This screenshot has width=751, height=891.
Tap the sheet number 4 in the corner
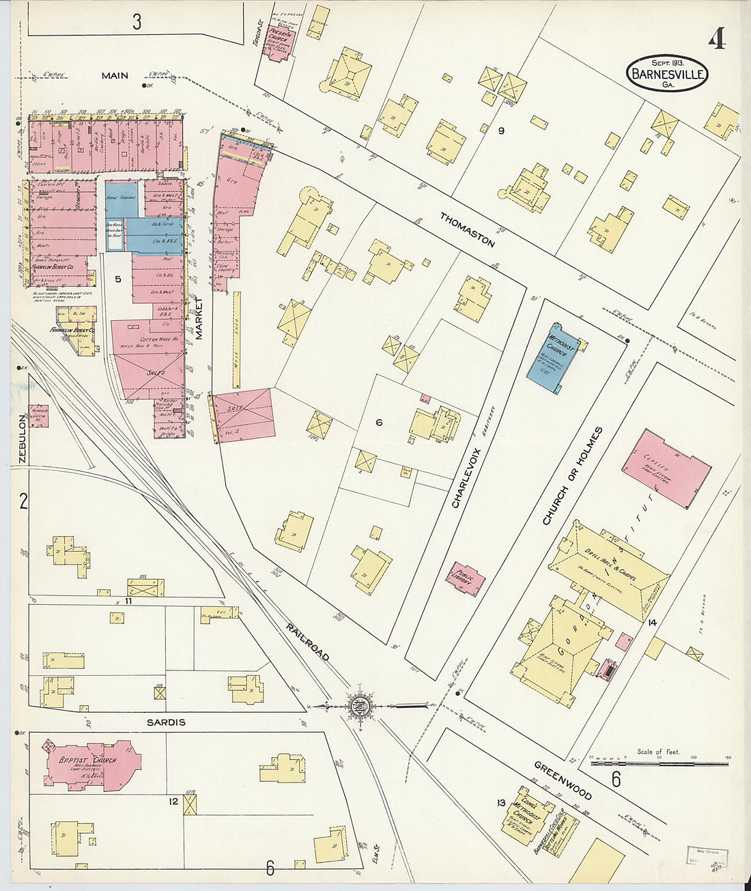coord(716,40)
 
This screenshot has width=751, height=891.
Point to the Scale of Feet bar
coord(659,763)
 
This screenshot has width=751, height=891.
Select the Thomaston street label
coord(467,230)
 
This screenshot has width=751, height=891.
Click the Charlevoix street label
coord(468,478)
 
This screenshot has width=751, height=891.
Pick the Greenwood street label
coord(563,780)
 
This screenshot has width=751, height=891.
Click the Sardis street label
coord(165,722)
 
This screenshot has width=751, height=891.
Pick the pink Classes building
coord(666,468)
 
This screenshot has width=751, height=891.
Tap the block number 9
coord(500,130)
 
